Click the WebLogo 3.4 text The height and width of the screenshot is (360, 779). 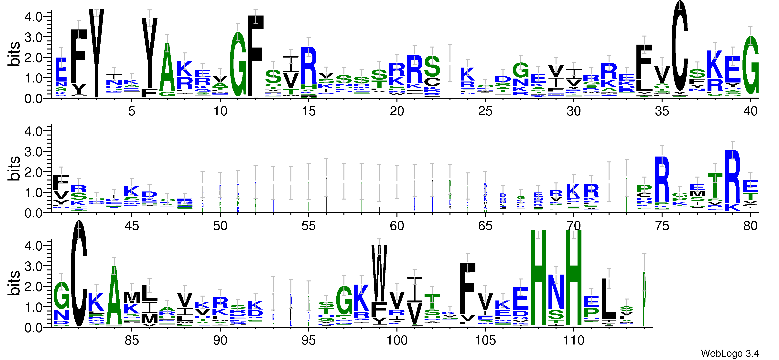730,353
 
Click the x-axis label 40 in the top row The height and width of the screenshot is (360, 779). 750,111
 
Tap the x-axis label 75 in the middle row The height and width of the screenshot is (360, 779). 662,226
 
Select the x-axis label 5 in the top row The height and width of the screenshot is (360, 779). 132,111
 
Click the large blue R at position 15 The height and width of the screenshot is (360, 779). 308,66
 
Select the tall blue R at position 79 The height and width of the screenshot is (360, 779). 732,177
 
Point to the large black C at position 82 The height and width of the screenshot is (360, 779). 79,274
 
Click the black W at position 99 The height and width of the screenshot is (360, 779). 379,272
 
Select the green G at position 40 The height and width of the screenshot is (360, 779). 750,65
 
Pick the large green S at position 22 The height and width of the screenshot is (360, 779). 432,67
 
